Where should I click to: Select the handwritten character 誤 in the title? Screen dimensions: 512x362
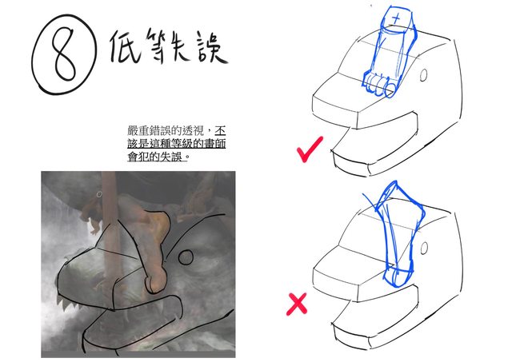211,46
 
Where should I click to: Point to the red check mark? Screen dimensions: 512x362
309,149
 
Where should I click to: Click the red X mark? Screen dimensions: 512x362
297,304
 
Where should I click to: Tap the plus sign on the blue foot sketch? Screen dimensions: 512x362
397,18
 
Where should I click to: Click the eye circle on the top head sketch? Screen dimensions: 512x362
423,75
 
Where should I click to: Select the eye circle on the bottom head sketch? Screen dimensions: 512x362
424,249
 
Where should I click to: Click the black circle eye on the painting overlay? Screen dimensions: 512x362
186,257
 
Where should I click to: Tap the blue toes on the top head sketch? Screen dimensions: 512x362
378,85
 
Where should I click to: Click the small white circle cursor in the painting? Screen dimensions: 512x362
99,194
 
